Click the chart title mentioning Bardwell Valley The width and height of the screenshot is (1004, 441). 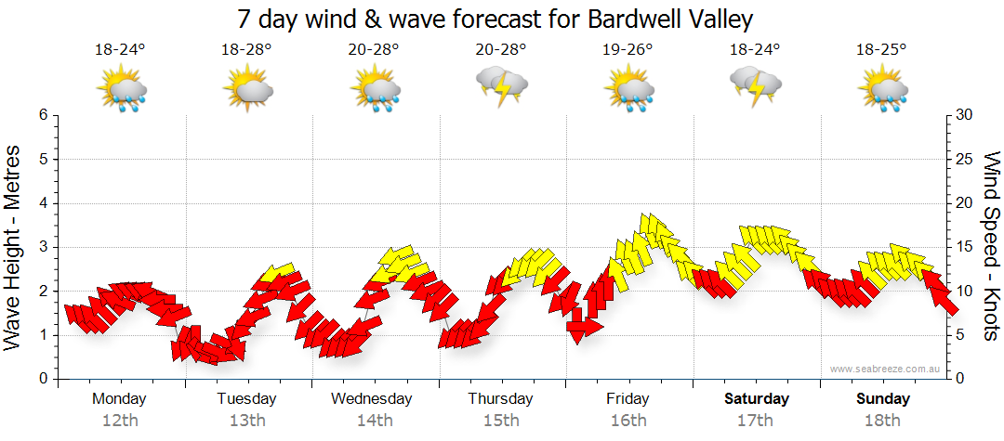pyautogui.click(x=495, y=19)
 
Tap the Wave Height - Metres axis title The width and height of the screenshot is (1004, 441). pyautogui.click(x=13, y=247)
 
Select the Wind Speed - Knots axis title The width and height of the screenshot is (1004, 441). pyautogui.click(x=990, y=247)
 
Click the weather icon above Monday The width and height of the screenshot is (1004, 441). pyautogui.click(x=121, y=91)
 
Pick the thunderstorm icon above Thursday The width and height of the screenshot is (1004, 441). pyautogui.click(x=502, y=87)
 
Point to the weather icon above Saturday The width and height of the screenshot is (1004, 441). pyautogui.click(x=755, y=87)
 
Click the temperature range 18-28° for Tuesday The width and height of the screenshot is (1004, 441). pyautogui.click(x=246, y=50)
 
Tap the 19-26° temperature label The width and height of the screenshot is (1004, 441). pyautogui.click(x=628, y=50)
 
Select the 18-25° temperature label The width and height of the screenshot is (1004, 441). pyautogui.click(x=881, y=50)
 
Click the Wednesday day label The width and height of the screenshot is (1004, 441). pyautogui.click(x=372, y=399)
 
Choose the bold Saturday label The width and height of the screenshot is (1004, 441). pyautogui.click(x=756, y=399)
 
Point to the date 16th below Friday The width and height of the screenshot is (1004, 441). pyautogui.click(x=628, y=421)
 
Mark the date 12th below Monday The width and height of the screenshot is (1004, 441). pyautogui.click(x=119, y=421)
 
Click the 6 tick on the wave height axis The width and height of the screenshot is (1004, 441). pyautogui.click(x=43, y=115)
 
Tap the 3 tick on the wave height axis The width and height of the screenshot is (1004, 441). pyautogui.click(x=43, y=247)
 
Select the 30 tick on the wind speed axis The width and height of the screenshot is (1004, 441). pyautogui.click(x=965, y=115)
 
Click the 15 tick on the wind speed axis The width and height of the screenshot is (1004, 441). pyautogui.click(x=964, y=247)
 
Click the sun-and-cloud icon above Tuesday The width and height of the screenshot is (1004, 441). pyautogui.click(x=247, y=91)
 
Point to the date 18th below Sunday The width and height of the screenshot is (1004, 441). pyautogui.click(x=882, y=421)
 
